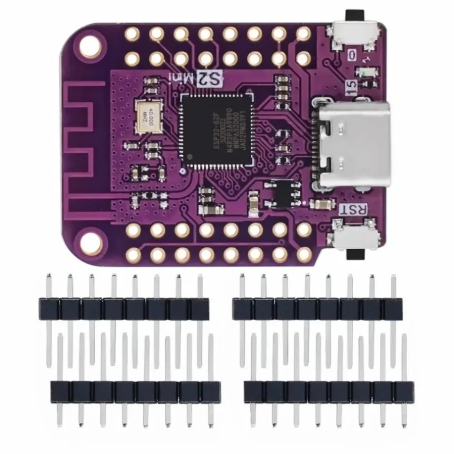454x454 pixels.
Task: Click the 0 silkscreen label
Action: [353, 55]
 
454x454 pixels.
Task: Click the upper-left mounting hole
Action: [92, 46]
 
